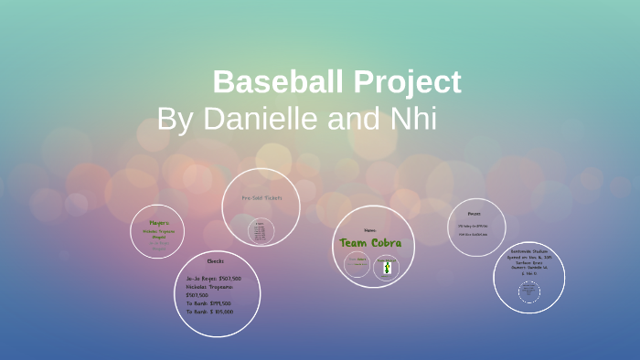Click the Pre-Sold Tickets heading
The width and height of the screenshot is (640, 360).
coord(261,197)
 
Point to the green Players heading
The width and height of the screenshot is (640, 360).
coord(158,222)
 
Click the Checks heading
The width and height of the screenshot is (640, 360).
coord(216,260)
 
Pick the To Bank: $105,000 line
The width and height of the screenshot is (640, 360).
coord(208,312)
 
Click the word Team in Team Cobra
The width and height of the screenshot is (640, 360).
coord(356,243)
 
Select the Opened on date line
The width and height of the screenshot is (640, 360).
coord(528,258)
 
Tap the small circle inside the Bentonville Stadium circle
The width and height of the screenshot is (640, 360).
coord(528,292)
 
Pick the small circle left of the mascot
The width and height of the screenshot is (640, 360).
coord(357,266)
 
